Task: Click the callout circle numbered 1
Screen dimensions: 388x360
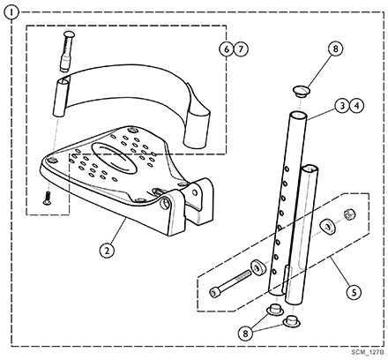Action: pyautogui.click(x=11, y=12)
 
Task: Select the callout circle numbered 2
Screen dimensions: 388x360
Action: pyautogui.click(x=107, y=251)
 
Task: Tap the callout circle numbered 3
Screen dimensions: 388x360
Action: pyautogui.click(x=342, y=106)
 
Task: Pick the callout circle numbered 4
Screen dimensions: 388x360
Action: pyautogui.click(x=356, y=106)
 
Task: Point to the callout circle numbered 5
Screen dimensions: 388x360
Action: pyautogui.click(x=354, y=292)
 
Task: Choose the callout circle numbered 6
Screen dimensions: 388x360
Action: pyautogui.click(x=227, y=49)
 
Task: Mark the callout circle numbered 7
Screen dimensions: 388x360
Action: pyautogui.click(x=241, y=49)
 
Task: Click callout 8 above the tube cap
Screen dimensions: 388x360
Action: pyautogui.click(x=336, y=49)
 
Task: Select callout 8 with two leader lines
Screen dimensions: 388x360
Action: pyautogui.click(x=245, y=334)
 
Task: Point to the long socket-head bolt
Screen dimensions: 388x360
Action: pyautogui.click(x=230, y=283)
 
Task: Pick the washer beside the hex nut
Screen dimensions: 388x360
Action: pyautogui.click(x=327, y=227)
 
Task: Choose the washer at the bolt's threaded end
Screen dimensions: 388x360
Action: pyautogui.click(x=257, y=267)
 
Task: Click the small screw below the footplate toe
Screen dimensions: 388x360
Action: pyautogui.click(x=47, y=198)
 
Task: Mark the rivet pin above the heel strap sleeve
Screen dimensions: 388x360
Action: pyautogui.click(x=68, y=51)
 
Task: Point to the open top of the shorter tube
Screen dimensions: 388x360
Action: pyautogui.click(x=310, y=168)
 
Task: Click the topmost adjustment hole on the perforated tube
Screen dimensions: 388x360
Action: pyautogui.click(x=287, y=169)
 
